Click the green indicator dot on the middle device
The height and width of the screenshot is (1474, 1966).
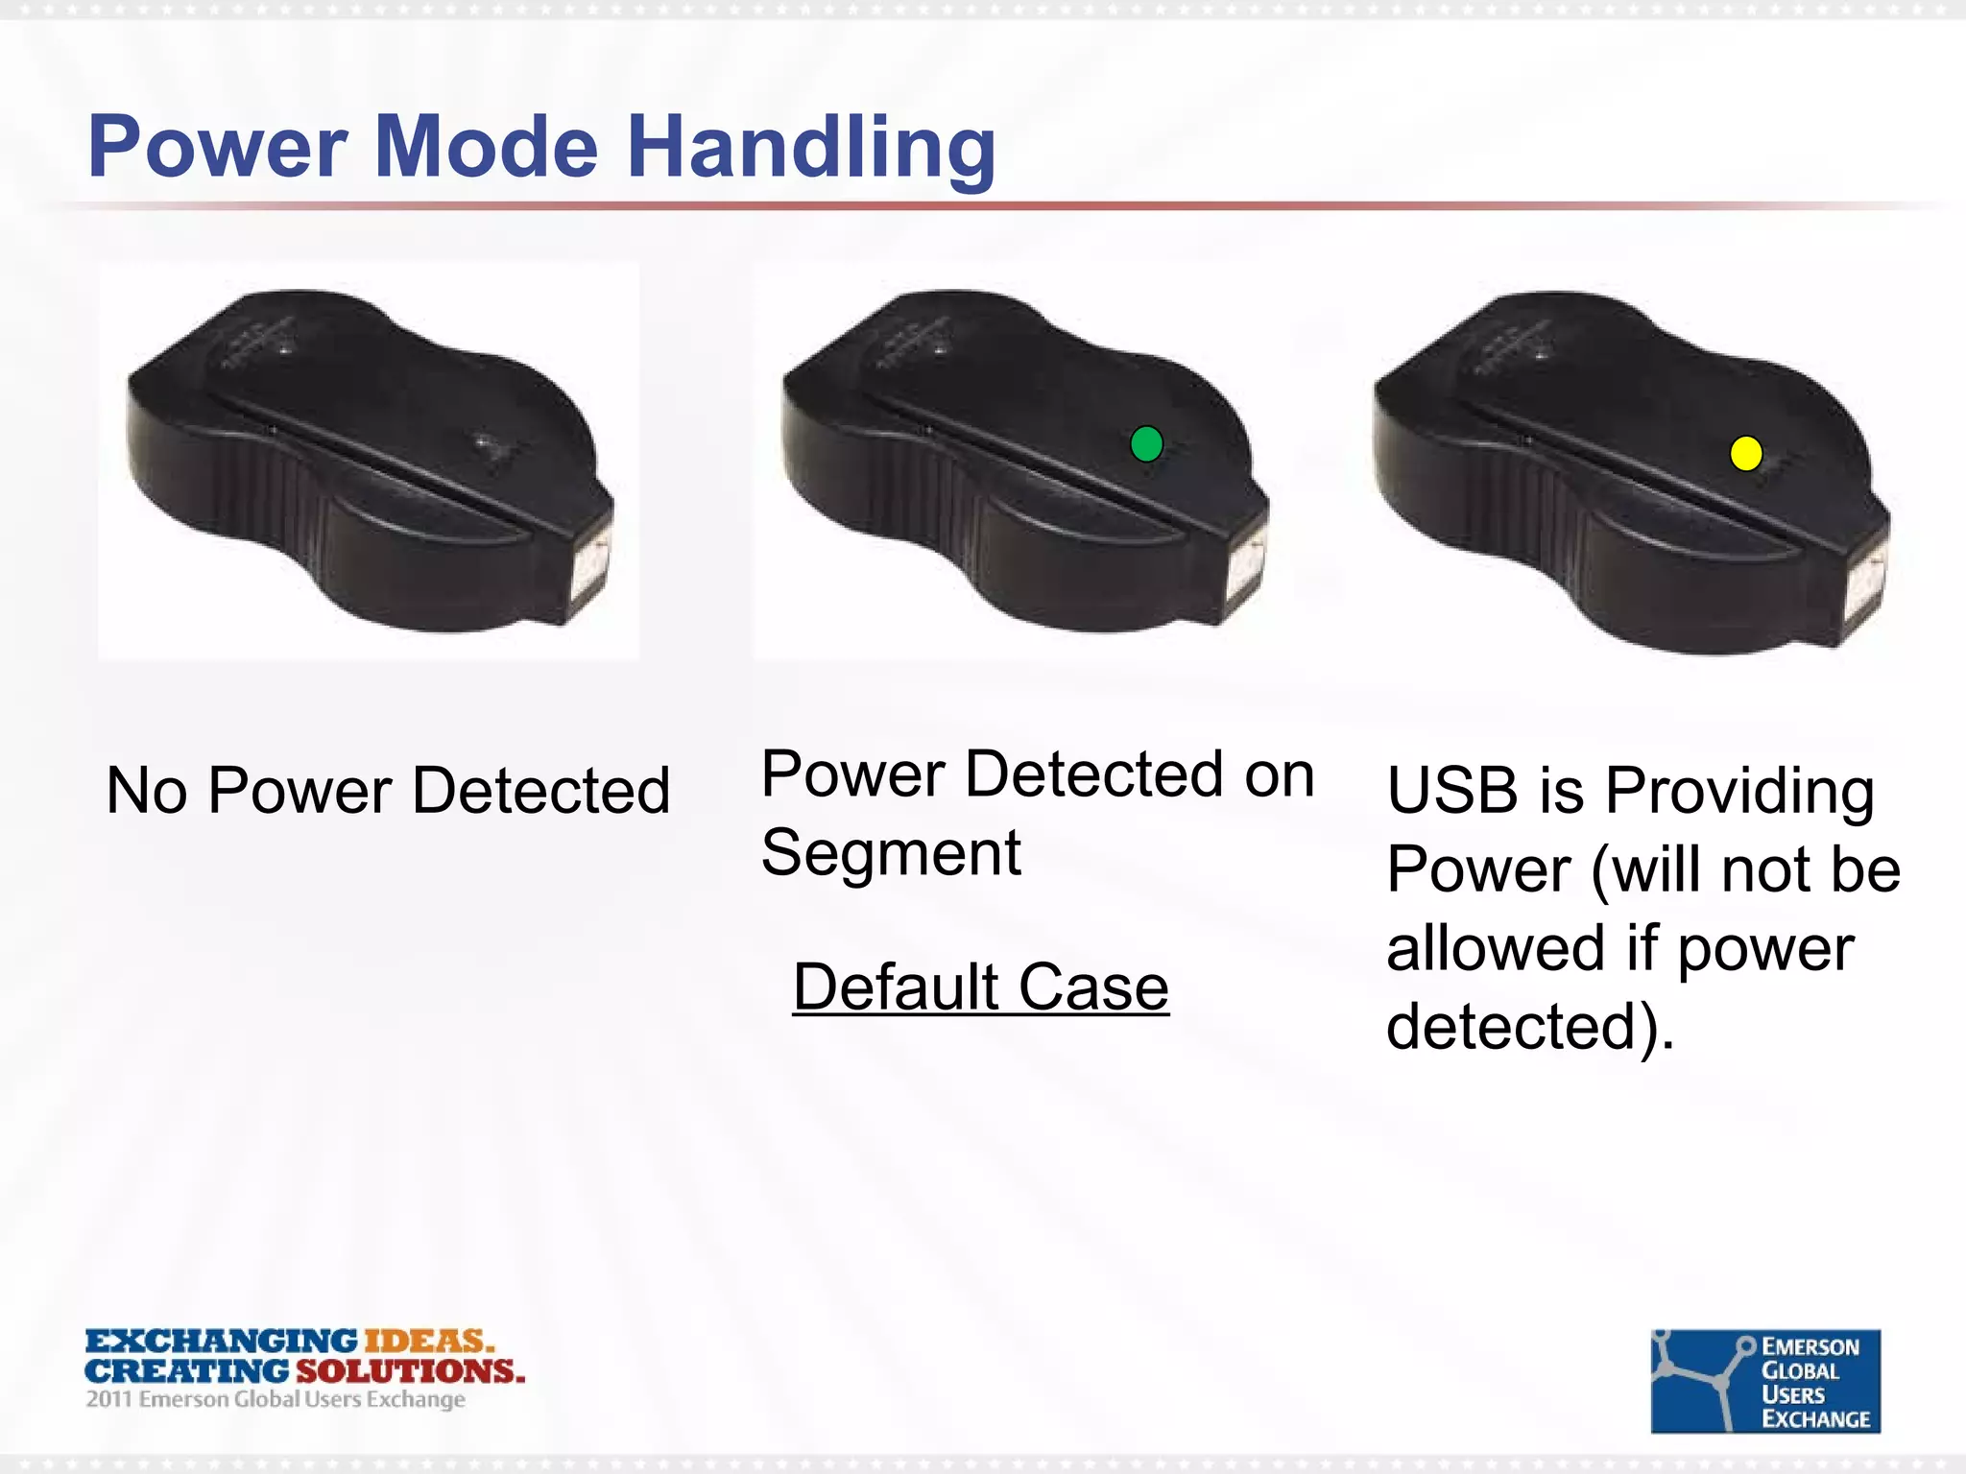pos(1146,443)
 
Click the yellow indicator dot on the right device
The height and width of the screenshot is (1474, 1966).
pos(1745,453)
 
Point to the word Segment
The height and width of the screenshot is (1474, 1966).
pos(890,852)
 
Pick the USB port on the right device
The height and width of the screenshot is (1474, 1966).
pos(1867,585)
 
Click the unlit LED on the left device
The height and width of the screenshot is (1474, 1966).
pos(486,443)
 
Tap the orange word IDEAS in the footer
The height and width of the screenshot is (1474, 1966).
pos(428,1340)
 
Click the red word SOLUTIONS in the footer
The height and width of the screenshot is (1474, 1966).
pos(410,1370)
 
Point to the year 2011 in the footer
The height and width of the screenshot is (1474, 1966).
pos(109,1399)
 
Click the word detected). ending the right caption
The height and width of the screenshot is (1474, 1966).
pos(1530,1027)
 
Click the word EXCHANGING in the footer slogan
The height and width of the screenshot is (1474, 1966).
pos(221,1340)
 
